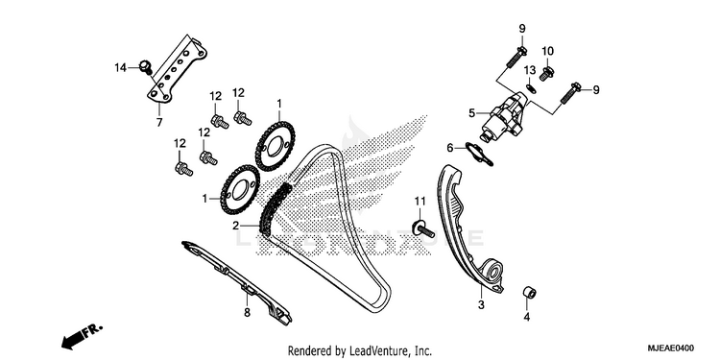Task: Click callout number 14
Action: (120, 68)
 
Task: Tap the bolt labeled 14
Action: (146, 68)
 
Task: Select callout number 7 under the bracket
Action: (159, 123)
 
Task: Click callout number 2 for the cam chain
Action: (235, 226)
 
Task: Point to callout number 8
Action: (247, 313)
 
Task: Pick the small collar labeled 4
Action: (530, 293)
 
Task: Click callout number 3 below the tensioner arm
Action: (481, 304)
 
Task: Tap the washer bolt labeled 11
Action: (422, 228)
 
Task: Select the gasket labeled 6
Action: (479, 154)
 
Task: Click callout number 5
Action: (471, 112)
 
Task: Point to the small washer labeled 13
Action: (531, 85)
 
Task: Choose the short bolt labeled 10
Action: (546, 74)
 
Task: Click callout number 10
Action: (547, 51)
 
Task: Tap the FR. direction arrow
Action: (82, 337)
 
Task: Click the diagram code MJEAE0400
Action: (671, 348)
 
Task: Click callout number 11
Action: (420, 201)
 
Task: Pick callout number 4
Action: (527, 317)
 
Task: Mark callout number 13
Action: (530, 70)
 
